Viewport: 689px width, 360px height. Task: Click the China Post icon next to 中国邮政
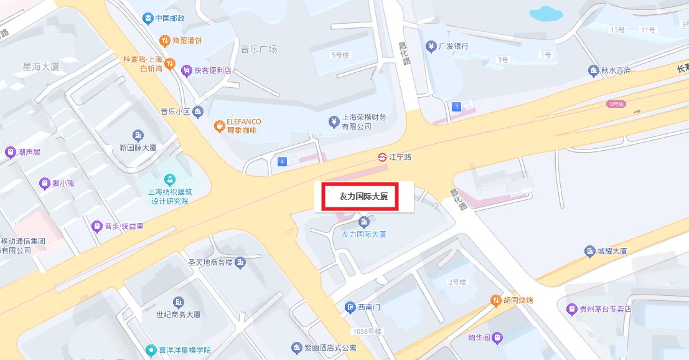pos(148,18)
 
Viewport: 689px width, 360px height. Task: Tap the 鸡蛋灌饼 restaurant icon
pos(164,40)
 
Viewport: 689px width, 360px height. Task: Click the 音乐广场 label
pos(258,49)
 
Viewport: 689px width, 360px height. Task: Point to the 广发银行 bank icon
pos(430,46)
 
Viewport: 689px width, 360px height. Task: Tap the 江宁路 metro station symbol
pos(382,157)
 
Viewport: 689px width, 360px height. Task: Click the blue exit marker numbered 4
pos(283,162)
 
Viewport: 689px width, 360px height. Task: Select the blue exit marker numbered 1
pos(457,107)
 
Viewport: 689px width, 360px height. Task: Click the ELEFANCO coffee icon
pos(218,126)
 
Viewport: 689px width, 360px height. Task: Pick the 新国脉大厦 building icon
pos(138,135)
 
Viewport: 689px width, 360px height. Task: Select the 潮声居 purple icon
pos(10,152)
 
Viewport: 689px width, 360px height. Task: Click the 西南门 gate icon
pos(350,307)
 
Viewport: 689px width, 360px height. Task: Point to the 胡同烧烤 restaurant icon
pos(495,301)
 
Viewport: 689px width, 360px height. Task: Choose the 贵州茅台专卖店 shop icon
pos(571,309)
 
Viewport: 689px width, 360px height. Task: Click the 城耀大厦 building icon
pos(589,252)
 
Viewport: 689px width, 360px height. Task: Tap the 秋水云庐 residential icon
pos(593,71)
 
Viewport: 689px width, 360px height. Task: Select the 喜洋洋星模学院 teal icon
pos(151,350)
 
